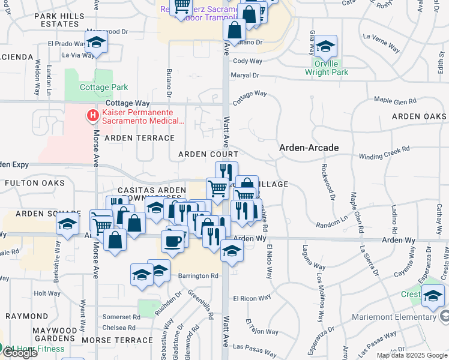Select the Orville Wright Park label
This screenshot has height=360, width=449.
pos(326,68)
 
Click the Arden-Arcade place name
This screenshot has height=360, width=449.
pos(309,148)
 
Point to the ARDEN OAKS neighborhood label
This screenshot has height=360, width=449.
pos(419,116)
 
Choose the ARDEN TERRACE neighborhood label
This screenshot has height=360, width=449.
pos(139,138)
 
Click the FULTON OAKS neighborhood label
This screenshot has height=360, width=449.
pos(34,182)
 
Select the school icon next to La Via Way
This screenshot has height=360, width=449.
pos(95,43)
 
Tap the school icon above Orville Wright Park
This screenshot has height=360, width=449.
pos(325,46)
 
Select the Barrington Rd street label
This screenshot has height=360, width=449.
pos(198,276)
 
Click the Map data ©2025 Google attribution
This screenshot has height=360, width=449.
pos(412,355)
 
